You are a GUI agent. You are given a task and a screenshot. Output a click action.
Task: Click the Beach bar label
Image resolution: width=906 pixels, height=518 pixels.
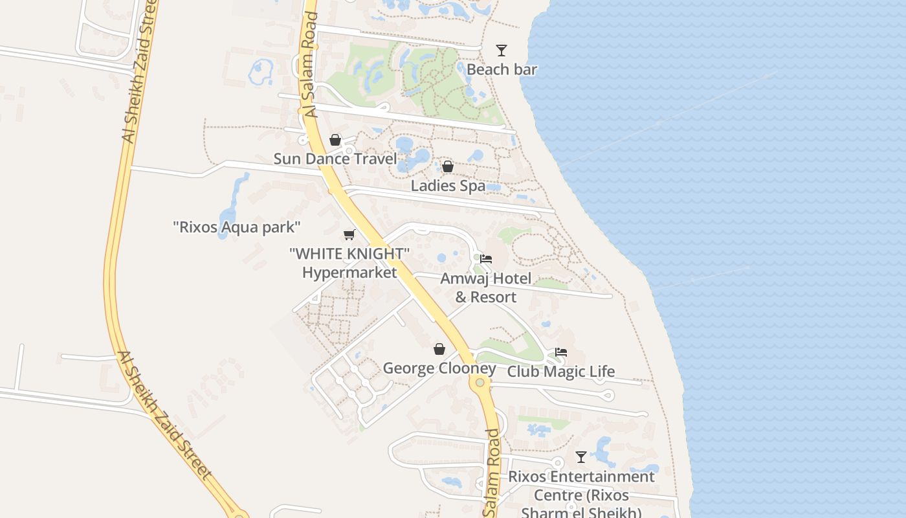tap(502, 69)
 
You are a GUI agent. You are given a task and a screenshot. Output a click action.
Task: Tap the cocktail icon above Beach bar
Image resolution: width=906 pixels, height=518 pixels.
tap(501, 51)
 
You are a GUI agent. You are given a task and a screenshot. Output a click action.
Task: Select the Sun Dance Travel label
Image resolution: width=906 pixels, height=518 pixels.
tap(335, 159)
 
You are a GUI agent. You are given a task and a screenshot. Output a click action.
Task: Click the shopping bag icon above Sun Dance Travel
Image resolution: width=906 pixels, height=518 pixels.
tap(335, 140)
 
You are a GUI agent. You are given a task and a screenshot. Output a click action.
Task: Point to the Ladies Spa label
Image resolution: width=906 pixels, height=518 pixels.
tap(448, 186)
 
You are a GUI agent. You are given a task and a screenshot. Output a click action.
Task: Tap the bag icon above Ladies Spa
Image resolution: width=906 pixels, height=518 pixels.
tap(447, 167)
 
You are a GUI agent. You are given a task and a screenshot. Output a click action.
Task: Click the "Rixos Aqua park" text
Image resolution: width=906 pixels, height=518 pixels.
tap(237, 227)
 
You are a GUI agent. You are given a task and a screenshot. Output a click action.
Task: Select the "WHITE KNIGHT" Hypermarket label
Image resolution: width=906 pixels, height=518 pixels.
tap(349, 263)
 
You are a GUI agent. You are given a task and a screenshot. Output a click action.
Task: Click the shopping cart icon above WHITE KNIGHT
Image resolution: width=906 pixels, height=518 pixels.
tap(349, 234)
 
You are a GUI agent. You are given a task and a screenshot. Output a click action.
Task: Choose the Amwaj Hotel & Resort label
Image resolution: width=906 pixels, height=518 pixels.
tap(486, 287)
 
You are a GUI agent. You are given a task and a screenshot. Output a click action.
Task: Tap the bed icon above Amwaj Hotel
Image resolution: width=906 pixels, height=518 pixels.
tap(486, 259)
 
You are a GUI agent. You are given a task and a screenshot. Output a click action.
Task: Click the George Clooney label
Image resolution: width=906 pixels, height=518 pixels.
tap(439, 368)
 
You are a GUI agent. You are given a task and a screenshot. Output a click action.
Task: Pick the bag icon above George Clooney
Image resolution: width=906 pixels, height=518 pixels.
tap(439, 350)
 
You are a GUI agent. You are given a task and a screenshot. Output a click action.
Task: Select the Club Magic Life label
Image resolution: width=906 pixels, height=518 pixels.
tap(560, 372)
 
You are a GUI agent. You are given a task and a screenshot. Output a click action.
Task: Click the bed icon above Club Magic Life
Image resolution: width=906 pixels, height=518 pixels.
tap(560, 352)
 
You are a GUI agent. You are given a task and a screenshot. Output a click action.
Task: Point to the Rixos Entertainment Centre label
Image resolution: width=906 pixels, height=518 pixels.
tap(581, 495)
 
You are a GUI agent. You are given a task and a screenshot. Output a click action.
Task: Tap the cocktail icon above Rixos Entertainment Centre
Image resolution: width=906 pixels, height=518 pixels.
tap(581, 457)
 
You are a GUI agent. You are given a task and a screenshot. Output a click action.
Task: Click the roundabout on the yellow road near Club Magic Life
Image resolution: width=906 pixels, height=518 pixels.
tap(480, 383)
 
